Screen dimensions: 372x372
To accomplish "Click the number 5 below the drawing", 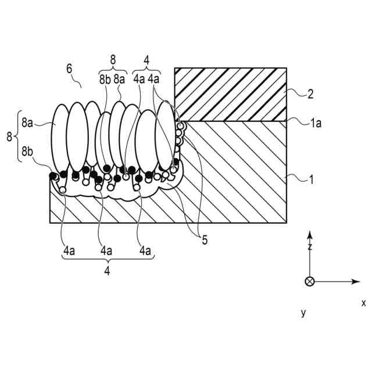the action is coord(205,239).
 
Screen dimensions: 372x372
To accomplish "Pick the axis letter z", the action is coord(310,247).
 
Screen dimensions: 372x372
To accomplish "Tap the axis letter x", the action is coord(363,303).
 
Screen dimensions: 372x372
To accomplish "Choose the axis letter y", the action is coord(303,313).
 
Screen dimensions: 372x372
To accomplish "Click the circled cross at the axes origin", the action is coord(309,282).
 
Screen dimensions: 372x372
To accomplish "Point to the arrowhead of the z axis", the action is coord(310,234).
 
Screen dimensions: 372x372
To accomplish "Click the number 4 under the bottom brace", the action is coord(107,271).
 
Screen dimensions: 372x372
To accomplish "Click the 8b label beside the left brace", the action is coord(27,152).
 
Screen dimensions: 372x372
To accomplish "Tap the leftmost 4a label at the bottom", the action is coord(69,251).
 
